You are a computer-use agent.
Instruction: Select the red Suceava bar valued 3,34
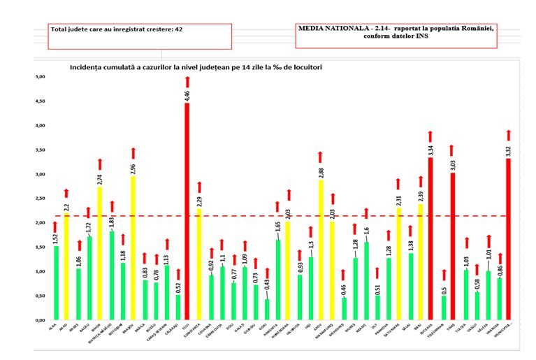click(x=430, y=238)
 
